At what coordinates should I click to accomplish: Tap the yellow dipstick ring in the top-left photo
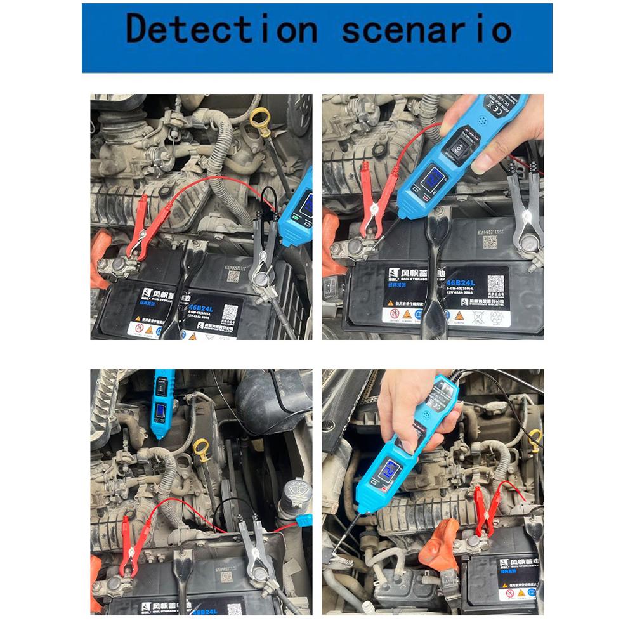pos(259,118)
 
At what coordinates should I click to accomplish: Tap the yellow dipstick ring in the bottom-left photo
pos(201,449)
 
